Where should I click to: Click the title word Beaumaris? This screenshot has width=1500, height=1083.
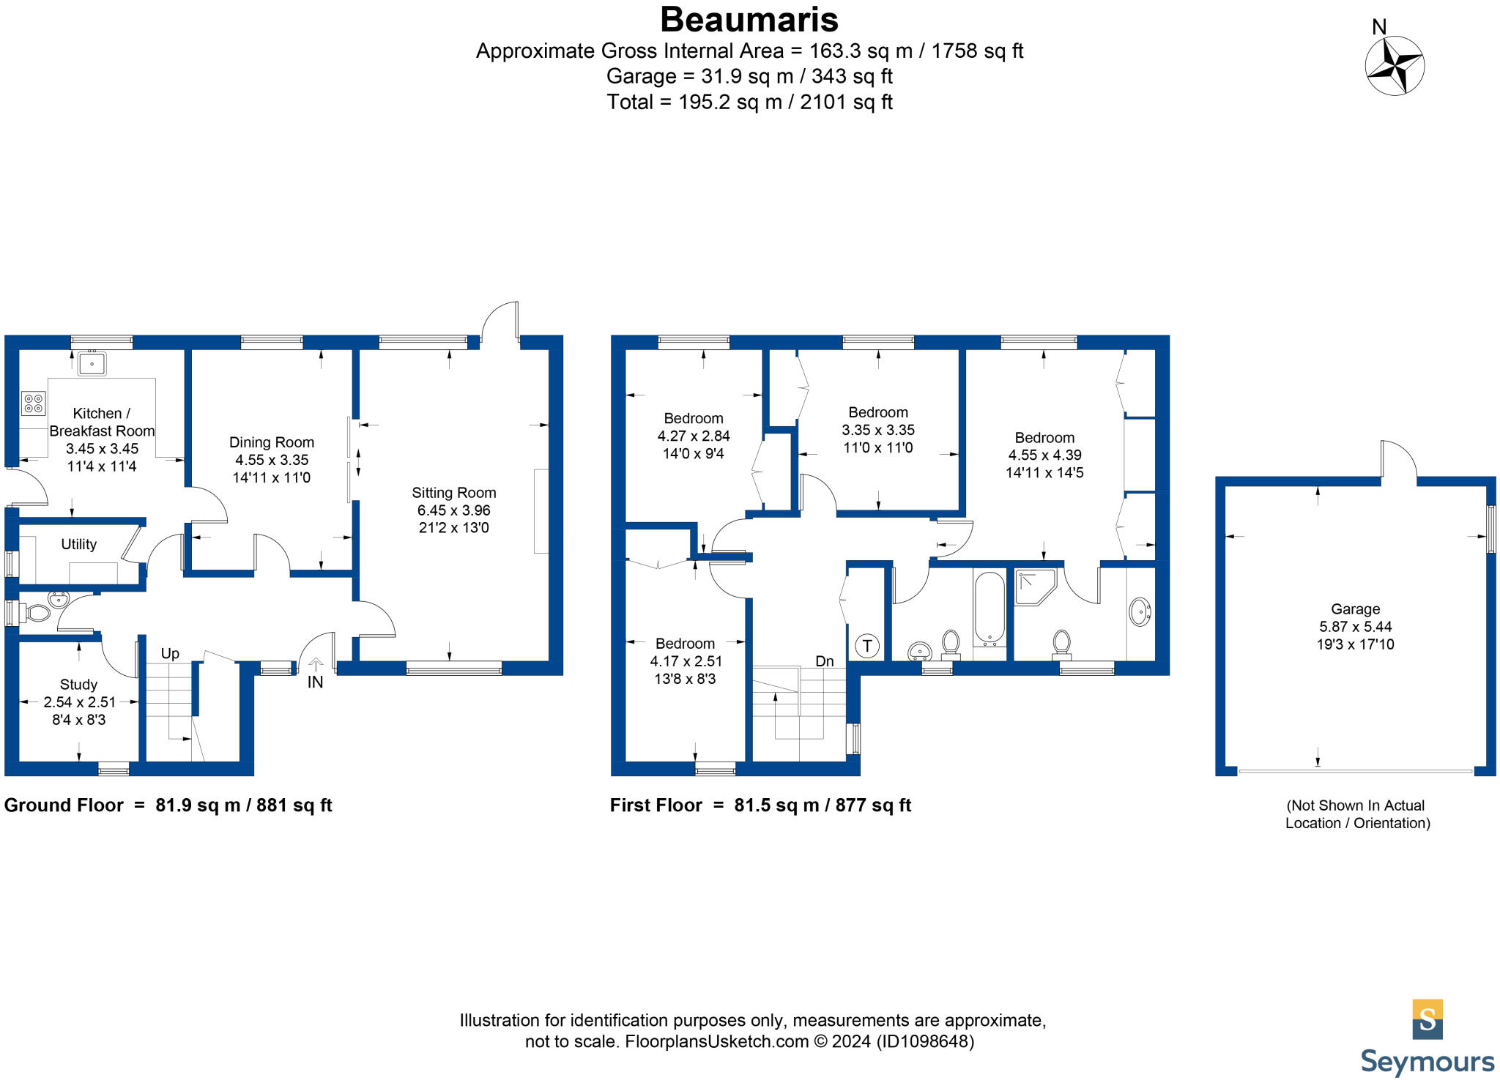749,20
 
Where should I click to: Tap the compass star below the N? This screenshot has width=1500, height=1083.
1395,66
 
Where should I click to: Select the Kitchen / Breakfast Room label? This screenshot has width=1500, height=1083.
102,422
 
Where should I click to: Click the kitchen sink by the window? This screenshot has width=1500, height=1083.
92,363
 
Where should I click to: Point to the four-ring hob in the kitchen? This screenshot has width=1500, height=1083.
33,403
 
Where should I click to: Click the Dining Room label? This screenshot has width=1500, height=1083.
271,442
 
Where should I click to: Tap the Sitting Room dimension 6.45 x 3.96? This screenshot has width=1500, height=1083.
453,510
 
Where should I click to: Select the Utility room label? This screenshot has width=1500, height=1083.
78,544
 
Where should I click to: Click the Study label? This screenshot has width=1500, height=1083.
78,684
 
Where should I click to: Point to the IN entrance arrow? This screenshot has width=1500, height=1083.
316,665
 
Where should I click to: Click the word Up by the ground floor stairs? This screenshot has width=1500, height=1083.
170,653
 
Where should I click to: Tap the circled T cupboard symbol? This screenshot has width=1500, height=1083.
867,646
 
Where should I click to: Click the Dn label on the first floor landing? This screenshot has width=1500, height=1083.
825,661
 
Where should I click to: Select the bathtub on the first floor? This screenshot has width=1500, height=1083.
990,608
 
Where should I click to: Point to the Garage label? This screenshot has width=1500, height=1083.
1355,609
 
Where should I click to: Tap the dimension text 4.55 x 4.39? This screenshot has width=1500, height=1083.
1044,455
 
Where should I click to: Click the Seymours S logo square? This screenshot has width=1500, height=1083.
1427,1019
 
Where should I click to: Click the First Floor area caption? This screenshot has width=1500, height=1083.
760,805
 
